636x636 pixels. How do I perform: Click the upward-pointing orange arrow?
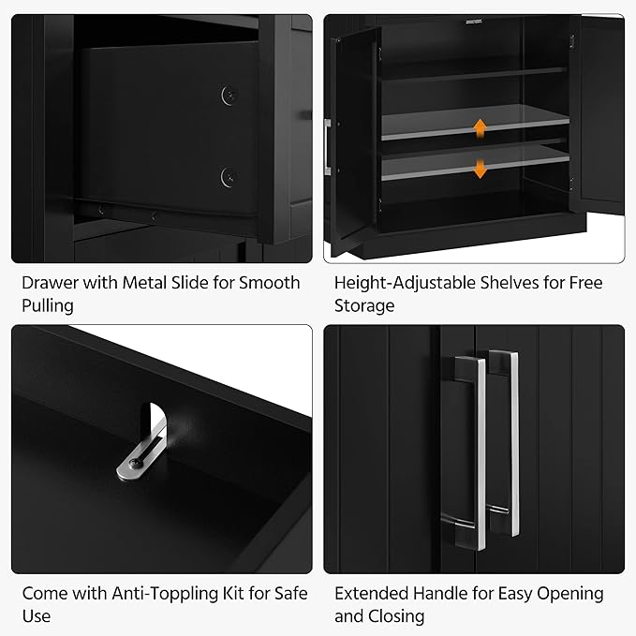pyautogui.click(x=480, y=127)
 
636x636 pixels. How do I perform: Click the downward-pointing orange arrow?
pyautogui.click(x=480, y=168)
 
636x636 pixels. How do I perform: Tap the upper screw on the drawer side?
pyautogui.click(x=227, y=94)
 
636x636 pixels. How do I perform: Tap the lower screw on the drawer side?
pyautogui.click(x=227, y=175)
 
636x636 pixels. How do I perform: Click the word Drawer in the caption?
pyautogui.click(x=52, y=283)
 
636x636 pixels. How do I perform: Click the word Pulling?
pyautogui.click(x=48, y=306)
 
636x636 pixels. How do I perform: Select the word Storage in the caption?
pyautogui.click(x=365, y=306)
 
